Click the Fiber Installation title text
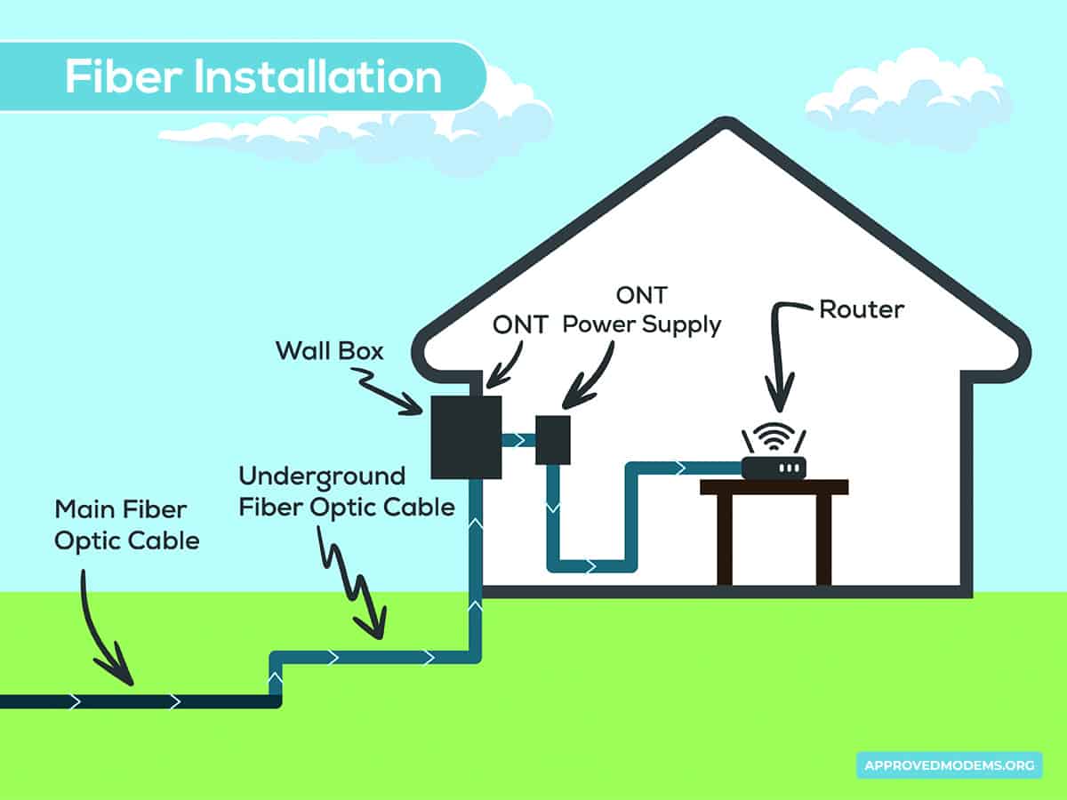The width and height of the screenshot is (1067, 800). click(x=253, y=77)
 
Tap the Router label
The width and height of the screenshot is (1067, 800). click(x=861, y=309)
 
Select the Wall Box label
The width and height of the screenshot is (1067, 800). click(x=329, y=350)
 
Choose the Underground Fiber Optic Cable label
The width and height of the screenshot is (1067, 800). click(x=347, y=492)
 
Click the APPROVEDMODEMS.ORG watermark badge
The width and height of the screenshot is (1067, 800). click(x=949, y=764)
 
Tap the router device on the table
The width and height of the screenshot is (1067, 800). click(x=774, y=467)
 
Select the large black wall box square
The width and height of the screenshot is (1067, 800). click(x=466, y=437)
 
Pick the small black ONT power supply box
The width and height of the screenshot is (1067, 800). click(x=552, y=439)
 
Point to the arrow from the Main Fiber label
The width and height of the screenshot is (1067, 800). click(x=102, y=636)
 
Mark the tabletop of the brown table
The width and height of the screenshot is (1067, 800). click(x=774, y=486)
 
